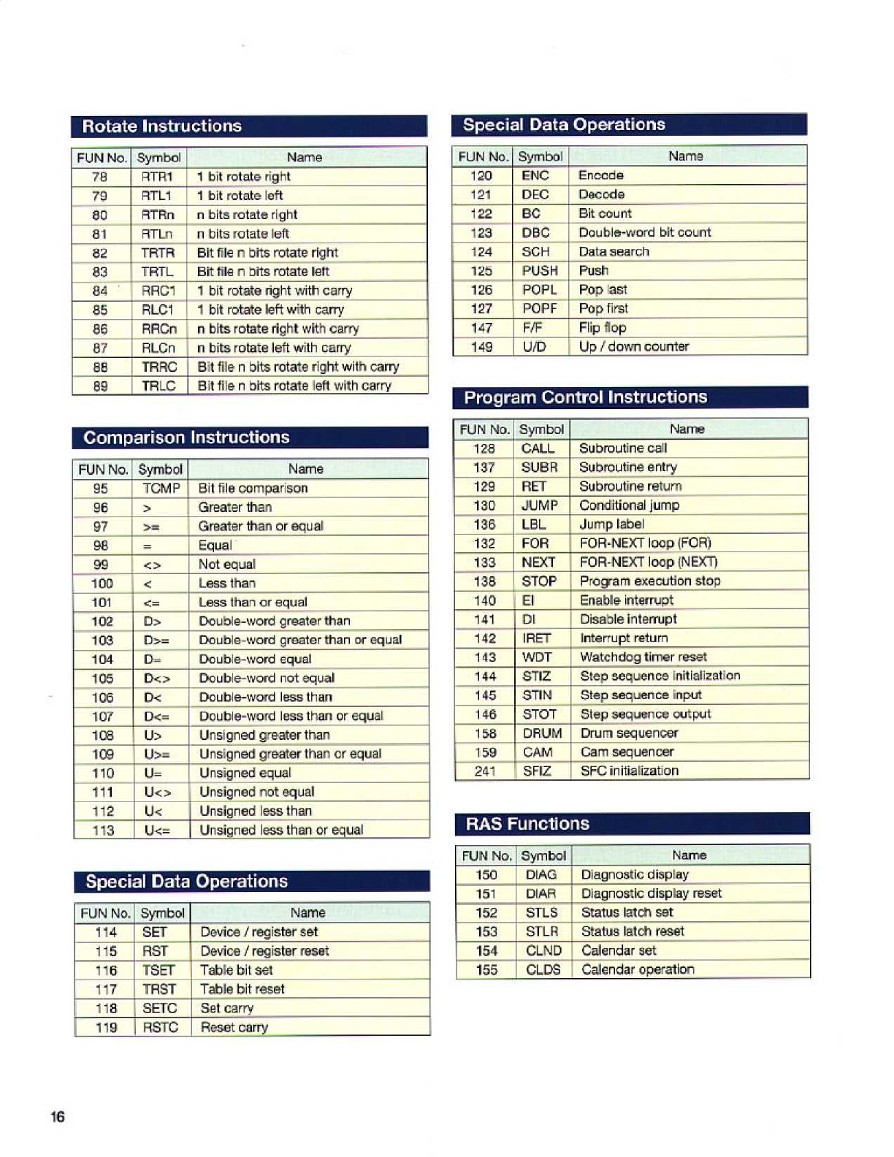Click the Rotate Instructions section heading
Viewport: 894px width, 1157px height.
point(161,126)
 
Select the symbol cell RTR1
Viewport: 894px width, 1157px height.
point(158,177)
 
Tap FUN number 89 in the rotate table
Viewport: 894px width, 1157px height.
point(101,386)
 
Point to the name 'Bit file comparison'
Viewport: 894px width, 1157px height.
point(253,488)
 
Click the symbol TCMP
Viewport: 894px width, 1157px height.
point(161,488)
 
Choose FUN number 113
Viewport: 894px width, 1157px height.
point(103,830)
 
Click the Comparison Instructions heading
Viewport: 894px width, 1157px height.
point(186,438)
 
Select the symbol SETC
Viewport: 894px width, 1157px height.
point(160,1008)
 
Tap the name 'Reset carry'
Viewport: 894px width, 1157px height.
point(234,1027)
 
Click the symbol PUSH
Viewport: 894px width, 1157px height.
point(540,271)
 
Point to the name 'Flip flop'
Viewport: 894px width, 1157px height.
point(603,328)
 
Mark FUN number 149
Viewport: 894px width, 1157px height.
point(481,347)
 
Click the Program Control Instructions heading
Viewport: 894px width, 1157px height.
point(586,397)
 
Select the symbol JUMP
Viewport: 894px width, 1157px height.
point(540,505)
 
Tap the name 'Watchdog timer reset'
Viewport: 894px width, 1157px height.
point(643,657)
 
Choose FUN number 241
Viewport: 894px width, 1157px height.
point(485,771)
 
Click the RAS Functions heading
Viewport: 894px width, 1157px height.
point(527,824)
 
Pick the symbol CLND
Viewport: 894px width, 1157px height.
point(543,950)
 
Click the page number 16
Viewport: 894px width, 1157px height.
point(58,1117)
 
